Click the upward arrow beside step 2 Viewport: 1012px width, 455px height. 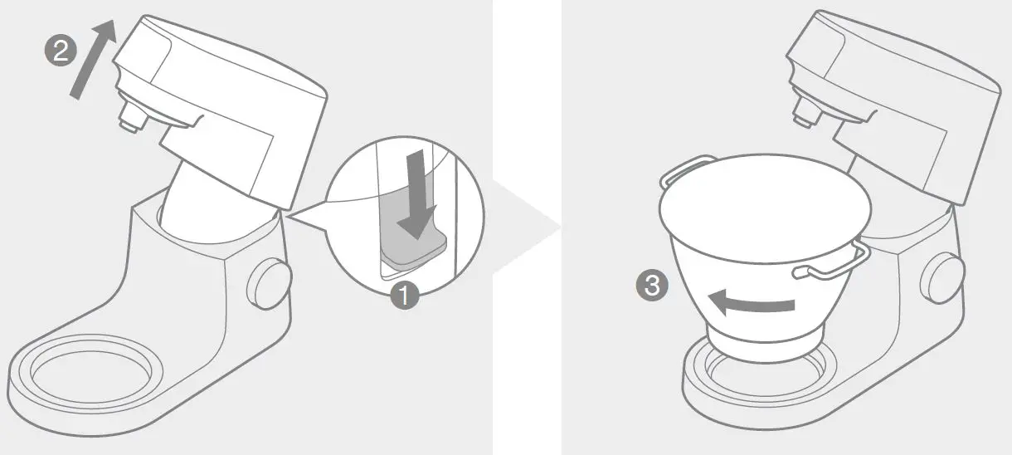point(91,61)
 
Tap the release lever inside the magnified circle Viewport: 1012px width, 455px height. point(412,250)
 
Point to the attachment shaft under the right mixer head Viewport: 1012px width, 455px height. point(803,113)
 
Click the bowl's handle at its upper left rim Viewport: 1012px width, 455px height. point(685,169)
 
